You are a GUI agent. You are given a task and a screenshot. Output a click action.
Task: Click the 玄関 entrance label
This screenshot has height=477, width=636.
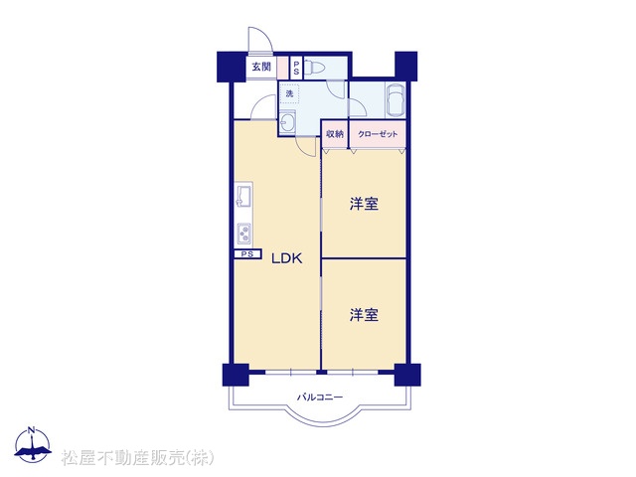(x=261, y=67)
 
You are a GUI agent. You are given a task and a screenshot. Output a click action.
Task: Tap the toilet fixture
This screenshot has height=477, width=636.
(x=311, y=68)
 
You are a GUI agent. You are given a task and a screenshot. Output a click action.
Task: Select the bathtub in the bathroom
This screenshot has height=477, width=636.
(x=396, y=99)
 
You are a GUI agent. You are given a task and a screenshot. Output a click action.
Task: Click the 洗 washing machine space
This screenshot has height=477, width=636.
(x=289, y=93)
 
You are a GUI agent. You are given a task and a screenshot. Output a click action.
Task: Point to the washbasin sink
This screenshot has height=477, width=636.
(x=287, y=121)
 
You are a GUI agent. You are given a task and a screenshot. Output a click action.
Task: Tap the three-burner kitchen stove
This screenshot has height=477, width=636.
(x=244, y=234)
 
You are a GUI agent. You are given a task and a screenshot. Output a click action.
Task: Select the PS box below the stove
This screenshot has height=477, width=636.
(x=246, y=254)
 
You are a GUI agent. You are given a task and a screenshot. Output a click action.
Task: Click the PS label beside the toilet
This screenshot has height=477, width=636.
(x=296, y=68)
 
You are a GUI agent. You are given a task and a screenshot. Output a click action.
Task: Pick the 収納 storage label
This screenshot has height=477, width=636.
(x=335, y=134)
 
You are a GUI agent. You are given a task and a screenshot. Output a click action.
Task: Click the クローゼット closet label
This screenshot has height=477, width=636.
(x=378, y=134)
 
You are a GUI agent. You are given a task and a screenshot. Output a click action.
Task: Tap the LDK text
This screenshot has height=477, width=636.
(x=287, y=258)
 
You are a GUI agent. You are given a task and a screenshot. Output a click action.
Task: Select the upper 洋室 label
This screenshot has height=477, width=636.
(x=364, y=204)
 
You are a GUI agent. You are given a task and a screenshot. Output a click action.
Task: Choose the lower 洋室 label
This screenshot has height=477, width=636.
(x=364, y=315)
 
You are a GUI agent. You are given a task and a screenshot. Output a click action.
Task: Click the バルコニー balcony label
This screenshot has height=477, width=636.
(x=320, y=397)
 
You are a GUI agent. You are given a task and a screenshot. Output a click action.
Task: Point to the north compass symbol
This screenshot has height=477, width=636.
(x=32, y=444)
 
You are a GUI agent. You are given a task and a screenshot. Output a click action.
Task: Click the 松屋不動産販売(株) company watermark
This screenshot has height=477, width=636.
(x=137, y=458)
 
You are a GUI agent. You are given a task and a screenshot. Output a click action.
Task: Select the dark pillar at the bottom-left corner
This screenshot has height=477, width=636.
(x=236, y=375)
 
